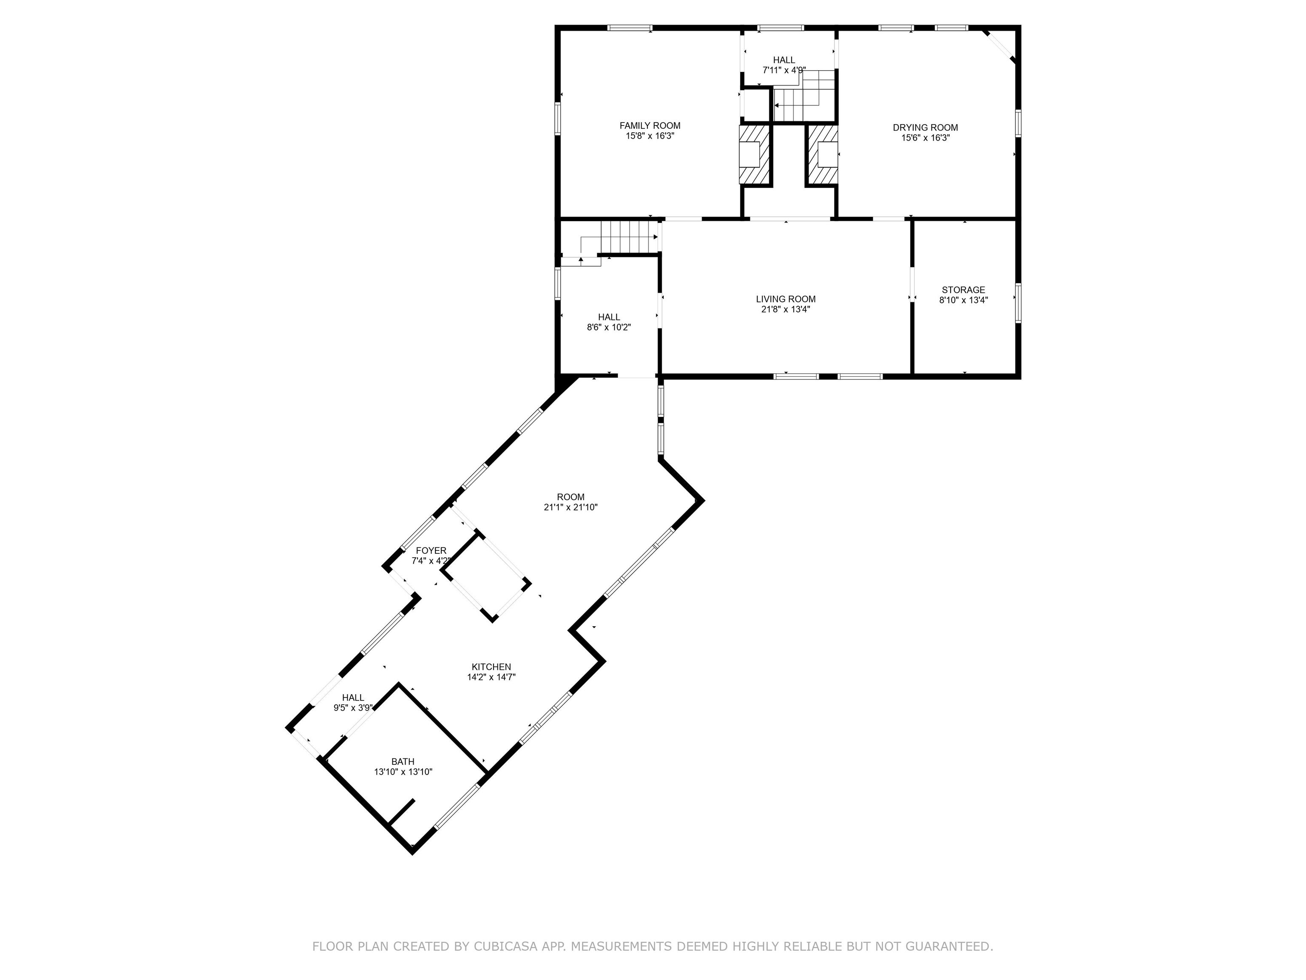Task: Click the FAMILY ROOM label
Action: (x=650, y=125)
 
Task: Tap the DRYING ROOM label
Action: (x=925, y=128)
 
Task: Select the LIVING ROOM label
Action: (x=785, y=299)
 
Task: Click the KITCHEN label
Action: (x=491, y=667)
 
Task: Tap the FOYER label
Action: (x=431, y=550)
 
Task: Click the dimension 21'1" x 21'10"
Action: (x=571, y=507)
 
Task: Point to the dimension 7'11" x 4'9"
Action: (x=784, y=70)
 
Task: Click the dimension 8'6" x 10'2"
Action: (x=609, y=327)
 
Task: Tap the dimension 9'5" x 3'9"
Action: (x=352, y=708)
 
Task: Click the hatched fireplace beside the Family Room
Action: (x=755, y=155)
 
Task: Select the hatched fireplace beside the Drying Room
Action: (x=823, y=155)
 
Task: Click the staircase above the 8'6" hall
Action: (x=629, y=237)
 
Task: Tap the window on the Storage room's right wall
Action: (x=1018, y=303)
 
